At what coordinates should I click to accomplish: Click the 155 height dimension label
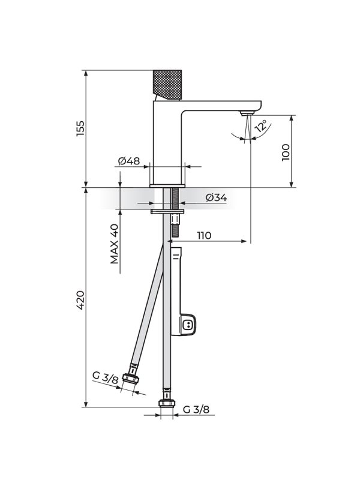[80, 128]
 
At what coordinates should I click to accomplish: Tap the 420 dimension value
[80, 301]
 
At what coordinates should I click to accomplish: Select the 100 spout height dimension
[286, 152]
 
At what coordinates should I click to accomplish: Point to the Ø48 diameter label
[129, 161]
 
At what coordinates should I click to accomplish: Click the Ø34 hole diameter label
[216, 198]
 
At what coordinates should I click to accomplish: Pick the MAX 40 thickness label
[114, 244]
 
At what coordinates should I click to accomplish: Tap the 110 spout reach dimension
[204, 235]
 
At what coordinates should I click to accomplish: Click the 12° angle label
[262, 125]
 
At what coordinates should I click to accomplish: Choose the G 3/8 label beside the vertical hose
[196, 409]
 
